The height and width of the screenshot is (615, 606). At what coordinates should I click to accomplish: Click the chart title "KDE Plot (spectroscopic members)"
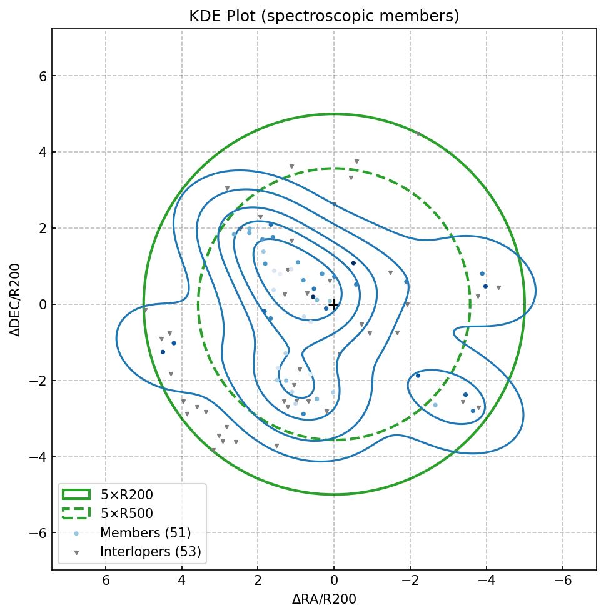pos(324,16)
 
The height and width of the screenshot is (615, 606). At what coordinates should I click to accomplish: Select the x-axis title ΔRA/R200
pos(324,599)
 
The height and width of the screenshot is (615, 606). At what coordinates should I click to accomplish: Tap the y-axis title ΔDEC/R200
pos(16,300)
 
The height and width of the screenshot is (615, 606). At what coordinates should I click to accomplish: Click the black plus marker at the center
pos(334,304)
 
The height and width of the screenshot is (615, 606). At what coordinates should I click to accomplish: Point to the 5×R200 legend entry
pos(126,495)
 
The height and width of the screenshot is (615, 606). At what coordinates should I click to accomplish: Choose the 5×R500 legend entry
pos(126,514)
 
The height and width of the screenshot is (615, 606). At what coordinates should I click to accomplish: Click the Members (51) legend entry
pos(145,533)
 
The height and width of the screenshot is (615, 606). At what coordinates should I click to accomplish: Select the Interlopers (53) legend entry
pos(150,552)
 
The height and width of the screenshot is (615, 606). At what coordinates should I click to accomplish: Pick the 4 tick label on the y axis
pos(35,152)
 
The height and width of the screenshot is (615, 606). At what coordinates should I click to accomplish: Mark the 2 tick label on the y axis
pos(35,228)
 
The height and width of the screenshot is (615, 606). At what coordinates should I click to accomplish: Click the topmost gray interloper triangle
pos(418,134)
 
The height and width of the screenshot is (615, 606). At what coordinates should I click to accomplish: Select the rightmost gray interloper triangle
pos(498,288)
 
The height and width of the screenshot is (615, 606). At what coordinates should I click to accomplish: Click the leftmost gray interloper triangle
pos(145,310)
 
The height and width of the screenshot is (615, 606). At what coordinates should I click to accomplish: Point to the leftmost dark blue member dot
pos(163,352)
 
